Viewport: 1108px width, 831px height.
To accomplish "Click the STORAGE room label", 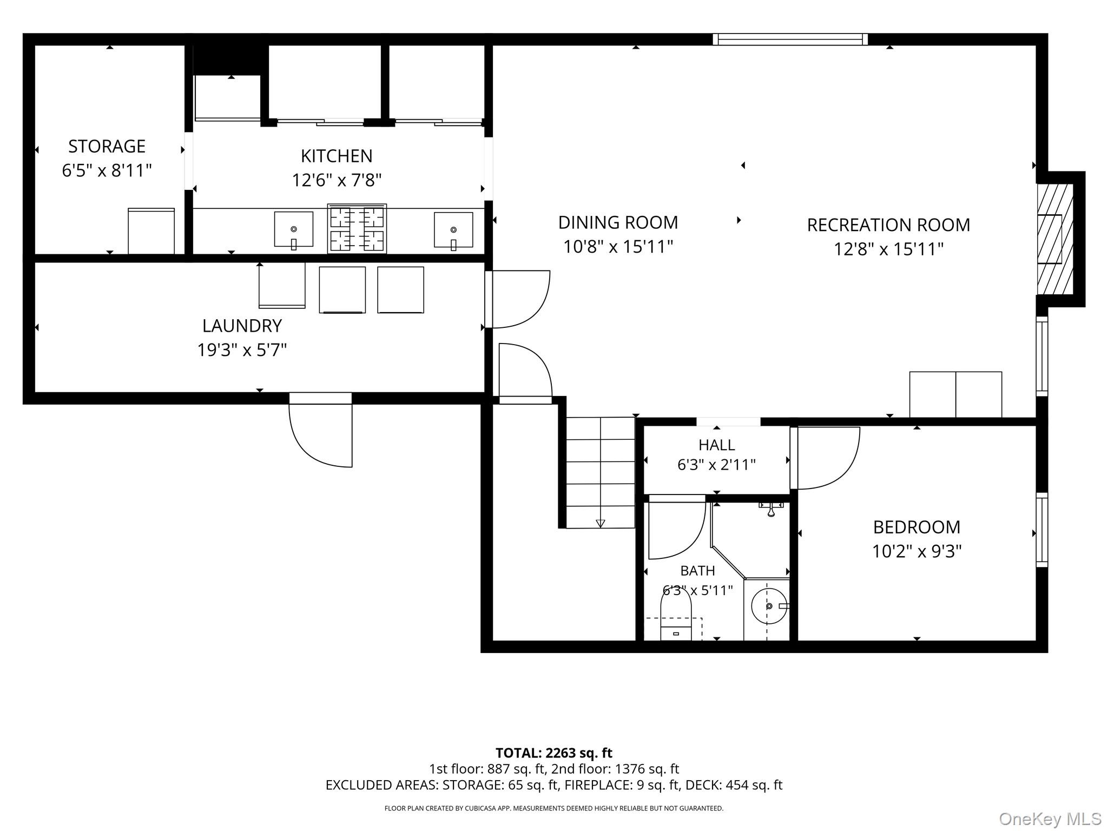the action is [107, 146].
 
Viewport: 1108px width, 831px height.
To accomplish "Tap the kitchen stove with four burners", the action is [357, 228].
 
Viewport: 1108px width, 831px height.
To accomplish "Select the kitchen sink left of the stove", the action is [294, 230].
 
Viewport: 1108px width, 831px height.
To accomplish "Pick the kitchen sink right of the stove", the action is [453, 230].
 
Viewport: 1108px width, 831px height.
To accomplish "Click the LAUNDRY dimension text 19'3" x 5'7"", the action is [242, 350].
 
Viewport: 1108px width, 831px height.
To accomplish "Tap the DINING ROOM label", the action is [618, 222].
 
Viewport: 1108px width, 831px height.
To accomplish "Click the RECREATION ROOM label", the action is [888, 225].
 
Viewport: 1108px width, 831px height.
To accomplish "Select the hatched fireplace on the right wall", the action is [1054, 239].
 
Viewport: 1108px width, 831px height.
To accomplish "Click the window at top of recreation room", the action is [790, 39].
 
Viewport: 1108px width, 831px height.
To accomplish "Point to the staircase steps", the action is [601, 472].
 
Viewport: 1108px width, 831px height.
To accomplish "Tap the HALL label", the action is [716, 445].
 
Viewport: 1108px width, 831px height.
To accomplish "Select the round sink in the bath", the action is [769, 606].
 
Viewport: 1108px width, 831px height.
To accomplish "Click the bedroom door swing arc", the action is [844, 471].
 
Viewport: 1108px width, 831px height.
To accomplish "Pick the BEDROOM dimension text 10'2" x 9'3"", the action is [916, 551].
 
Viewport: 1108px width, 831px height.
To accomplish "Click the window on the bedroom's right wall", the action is [1042, 530].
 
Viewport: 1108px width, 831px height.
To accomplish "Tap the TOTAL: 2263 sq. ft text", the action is [554, 753].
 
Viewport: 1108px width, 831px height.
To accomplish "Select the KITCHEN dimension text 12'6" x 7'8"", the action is [337, 180].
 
